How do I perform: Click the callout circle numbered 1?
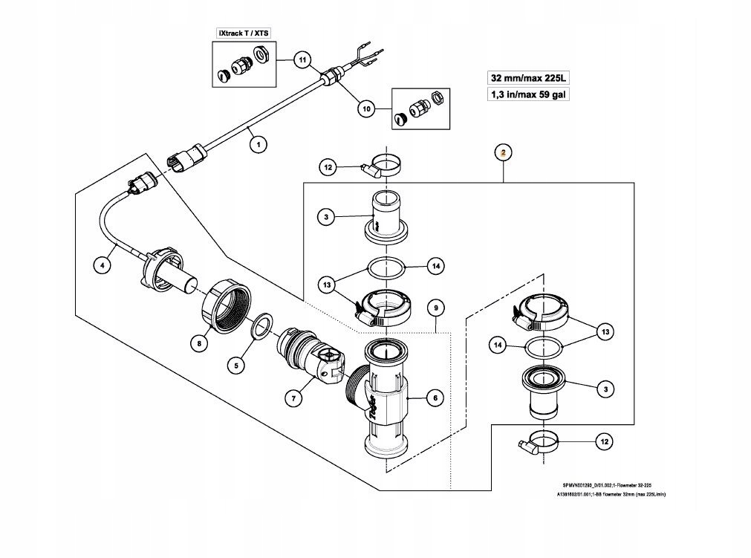258,145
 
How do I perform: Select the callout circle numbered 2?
504,153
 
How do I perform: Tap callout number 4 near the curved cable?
103,262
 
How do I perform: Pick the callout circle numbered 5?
236,365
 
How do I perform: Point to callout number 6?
435,398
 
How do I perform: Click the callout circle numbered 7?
294,398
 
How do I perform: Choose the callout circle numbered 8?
198,343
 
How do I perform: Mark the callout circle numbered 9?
436,308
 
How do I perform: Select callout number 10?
365,108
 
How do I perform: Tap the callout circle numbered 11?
302,59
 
